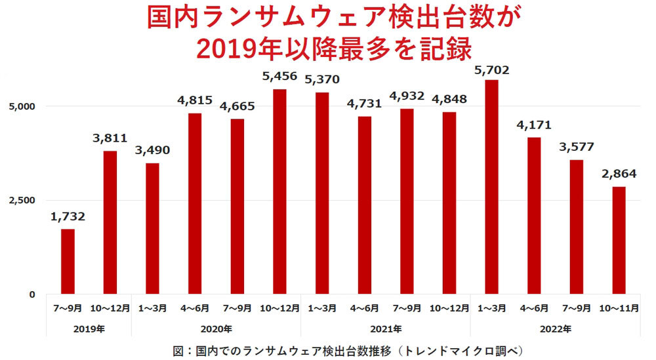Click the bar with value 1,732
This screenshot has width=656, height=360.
(68, 261)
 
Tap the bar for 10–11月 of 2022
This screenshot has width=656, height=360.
(619, 240)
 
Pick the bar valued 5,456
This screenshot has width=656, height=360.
(279, 191)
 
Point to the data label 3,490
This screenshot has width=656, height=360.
(152, 150)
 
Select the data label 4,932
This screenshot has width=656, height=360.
(407, 96)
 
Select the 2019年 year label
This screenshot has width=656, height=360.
(89, 329)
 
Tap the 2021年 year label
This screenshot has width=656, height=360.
(385, 329)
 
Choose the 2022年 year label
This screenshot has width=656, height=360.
(555, 329)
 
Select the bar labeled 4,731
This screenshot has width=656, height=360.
(364, 205)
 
